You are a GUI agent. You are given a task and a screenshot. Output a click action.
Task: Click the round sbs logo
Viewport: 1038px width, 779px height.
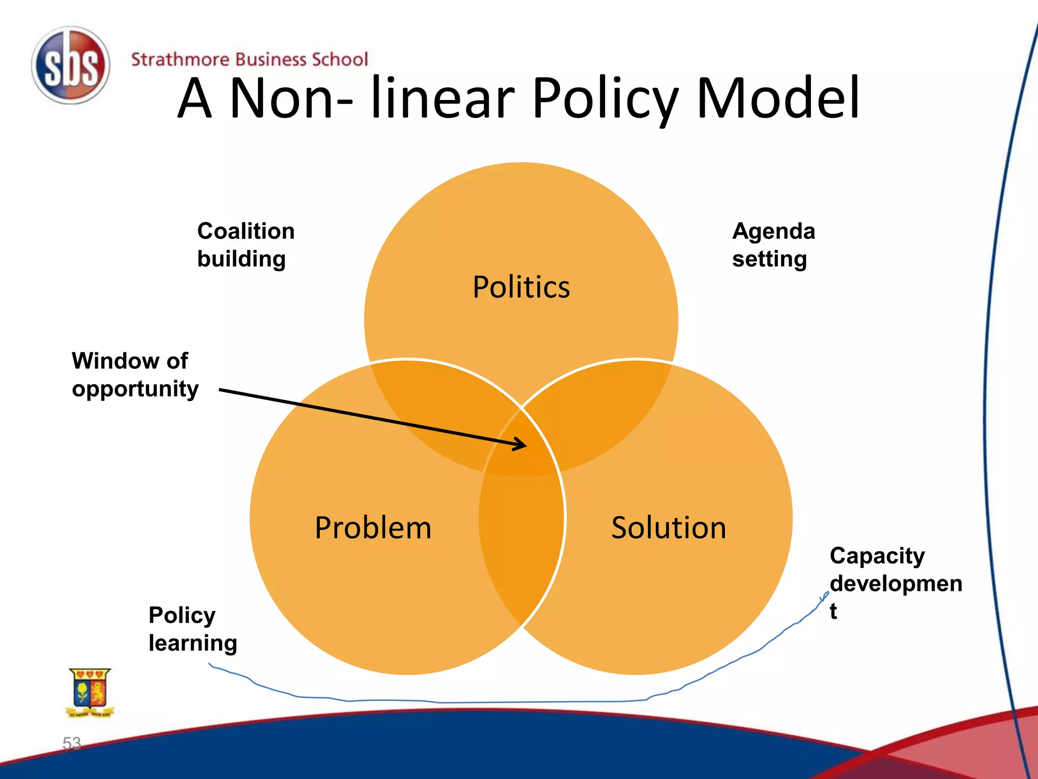[x=70, y=66]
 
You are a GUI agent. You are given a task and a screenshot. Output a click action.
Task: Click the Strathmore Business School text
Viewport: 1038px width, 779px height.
[x=249, y=59]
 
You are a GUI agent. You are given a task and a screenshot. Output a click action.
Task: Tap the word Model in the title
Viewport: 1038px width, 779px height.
[x=778, y=98]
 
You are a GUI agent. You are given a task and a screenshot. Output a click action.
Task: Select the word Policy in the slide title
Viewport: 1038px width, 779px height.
[x=605, y=98]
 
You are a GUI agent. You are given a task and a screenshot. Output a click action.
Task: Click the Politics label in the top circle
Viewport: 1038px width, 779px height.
[x=521, y=287]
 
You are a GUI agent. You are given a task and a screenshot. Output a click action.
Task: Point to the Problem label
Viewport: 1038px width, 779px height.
[x=373, y=527]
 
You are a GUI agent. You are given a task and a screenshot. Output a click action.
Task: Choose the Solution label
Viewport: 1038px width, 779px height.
[x=669, y=527]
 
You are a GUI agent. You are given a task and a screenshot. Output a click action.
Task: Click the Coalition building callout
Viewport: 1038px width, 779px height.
[x=245, y=245]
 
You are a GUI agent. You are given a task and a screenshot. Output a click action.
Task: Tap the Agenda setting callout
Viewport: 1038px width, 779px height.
[x=773, y=245]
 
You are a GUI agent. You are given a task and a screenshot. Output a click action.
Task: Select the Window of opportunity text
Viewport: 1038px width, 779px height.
[x=135, y=375]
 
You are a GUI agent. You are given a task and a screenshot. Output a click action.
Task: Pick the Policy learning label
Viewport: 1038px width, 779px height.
[x=193, y=629]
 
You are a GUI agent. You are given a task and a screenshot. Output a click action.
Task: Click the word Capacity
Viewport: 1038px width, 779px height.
[x=877, y=556]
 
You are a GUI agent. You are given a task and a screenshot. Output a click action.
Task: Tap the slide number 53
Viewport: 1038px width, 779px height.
[x=71, y=743]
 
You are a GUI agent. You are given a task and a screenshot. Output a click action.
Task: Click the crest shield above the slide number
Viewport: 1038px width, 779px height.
[x=90, y=691]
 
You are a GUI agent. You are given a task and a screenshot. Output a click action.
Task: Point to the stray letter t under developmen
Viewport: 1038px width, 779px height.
[x=833, y=611]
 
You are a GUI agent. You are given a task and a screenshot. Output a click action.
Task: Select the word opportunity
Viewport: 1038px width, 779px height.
[x=135, y=389]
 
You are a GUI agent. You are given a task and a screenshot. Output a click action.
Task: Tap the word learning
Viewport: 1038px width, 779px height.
[x=193, y=643]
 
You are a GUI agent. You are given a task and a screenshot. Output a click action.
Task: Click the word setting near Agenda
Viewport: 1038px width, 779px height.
[x=769, y=259]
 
